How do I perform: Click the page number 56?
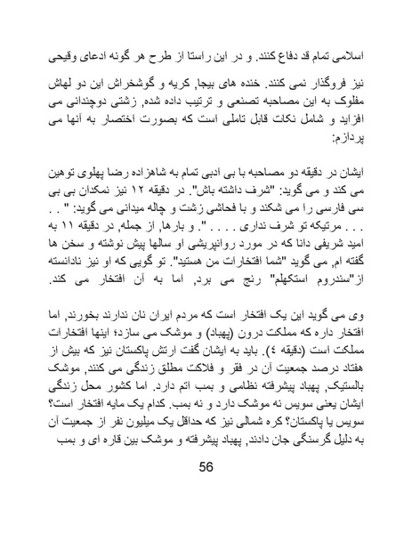(x=206, y=496)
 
